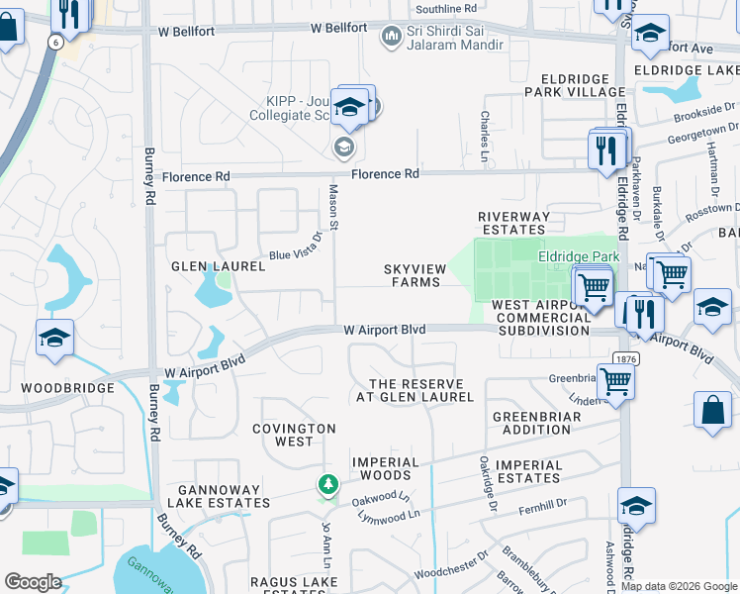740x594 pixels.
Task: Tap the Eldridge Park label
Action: tap(578, 255)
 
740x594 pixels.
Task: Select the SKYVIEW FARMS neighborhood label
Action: tap(413, 275)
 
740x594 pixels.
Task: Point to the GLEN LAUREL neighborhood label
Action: tap(219, 266)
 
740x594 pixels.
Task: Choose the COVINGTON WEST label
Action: tap(293, 435)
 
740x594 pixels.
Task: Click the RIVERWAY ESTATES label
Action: tap(512, 224)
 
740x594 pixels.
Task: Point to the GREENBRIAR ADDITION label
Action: tap(531, 423)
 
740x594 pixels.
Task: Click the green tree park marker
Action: tap(327, 485)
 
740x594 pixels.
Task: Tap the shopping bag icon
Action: tap(712, 410)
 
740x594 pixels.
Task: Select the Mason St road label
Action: tap(333, 209)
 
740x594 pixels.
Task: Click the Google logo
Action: tap(34, 582)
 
